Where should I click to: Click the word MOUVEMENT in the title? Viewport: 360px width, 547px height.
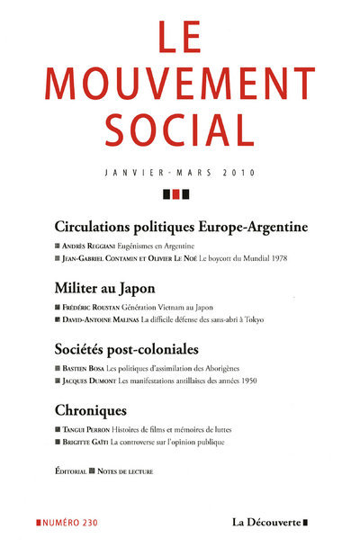point(180,85)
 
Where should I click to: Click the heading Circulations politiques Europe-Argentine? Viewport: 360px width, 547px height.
point(181,226)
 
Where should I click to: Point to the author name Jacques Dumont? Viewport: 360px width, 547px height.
point(94,380)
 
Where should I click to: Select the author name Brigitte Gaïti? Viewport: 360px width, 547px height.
point(94,441)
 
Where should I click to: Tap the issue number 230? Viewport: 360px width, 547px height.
point(95,522)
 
